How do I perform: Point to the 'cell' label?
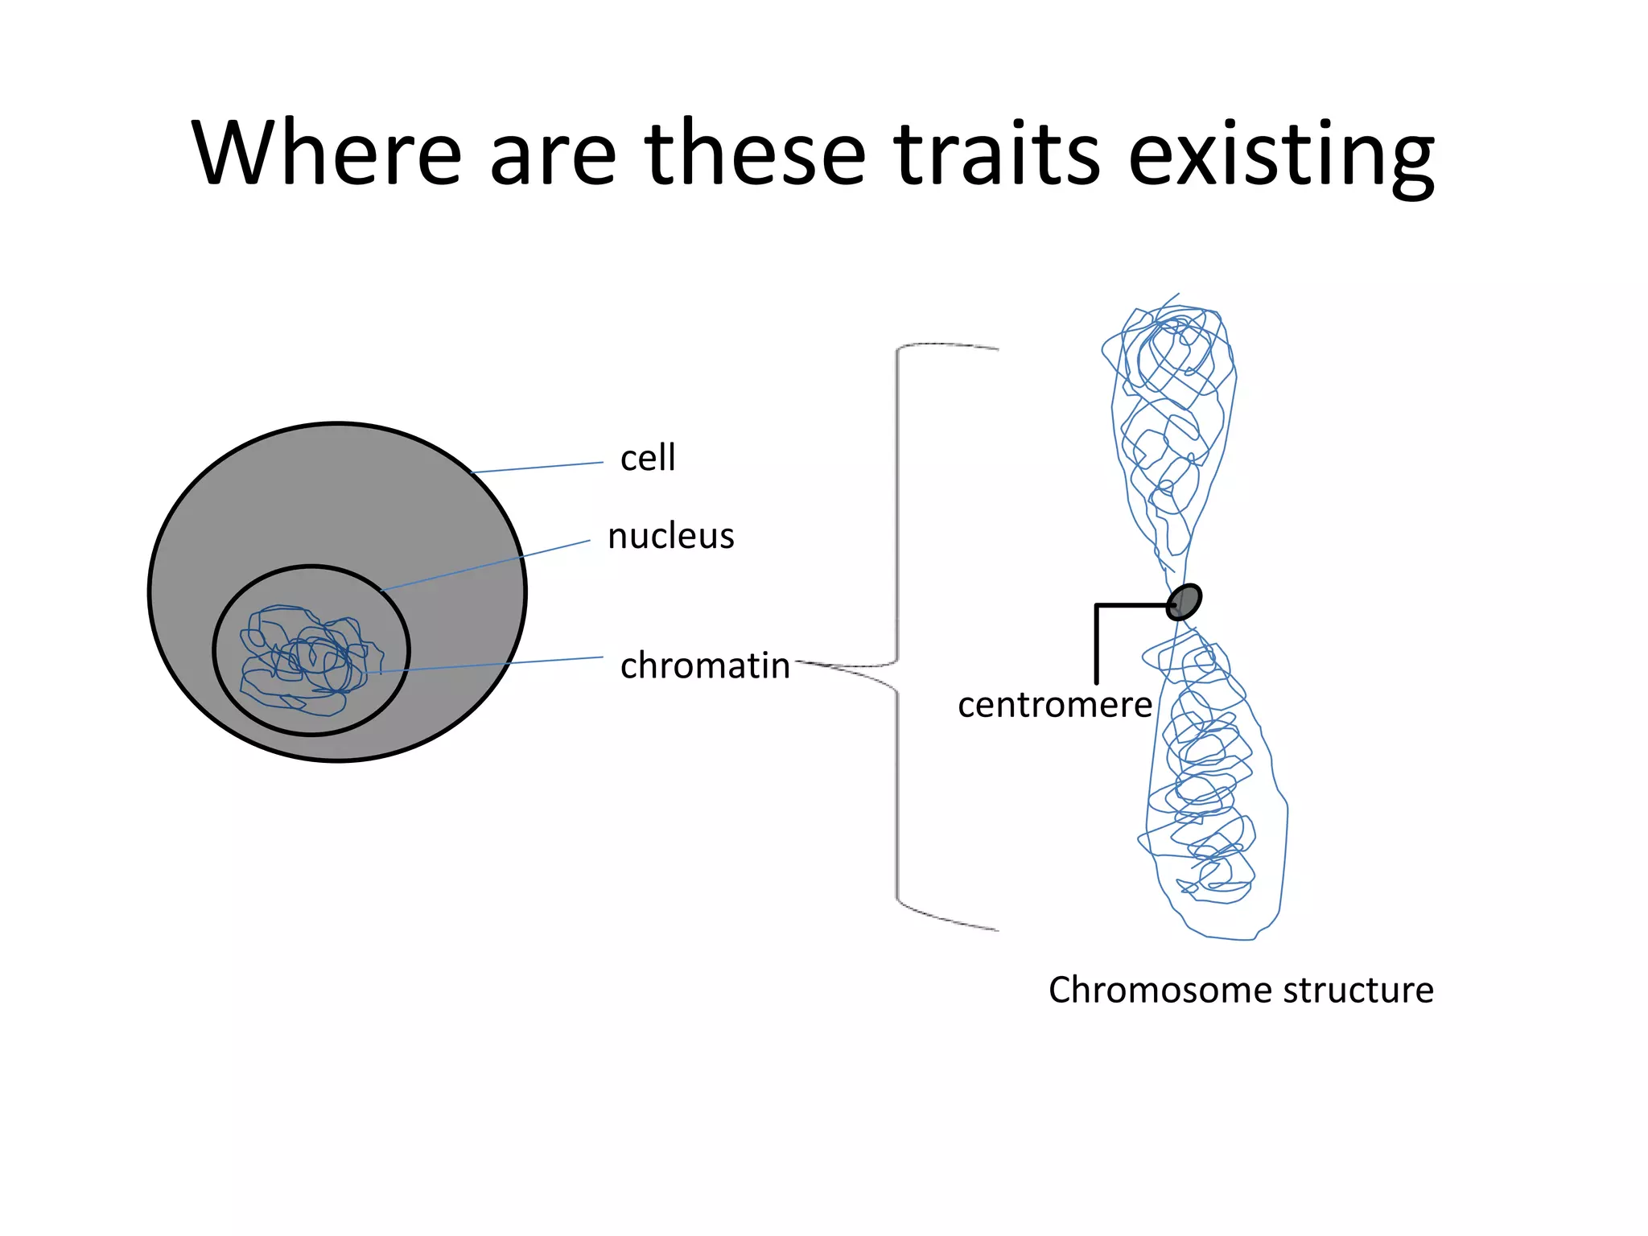point(648,458)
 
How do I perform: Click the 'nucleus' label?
point(671,536)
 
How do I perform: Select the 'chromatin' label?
point(705,666)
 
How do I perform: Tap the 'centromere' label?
point(1055,705)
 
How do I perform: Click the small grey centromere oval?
point(1184,601)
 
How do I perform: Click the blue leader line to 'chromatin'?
point(491,665)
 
